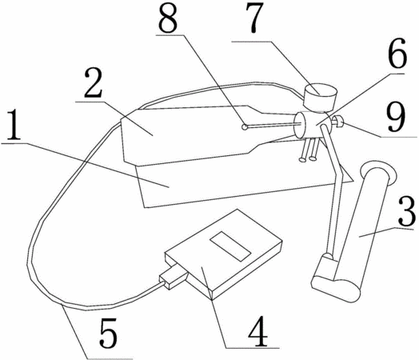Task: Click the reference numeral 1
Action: [x=14, y=126]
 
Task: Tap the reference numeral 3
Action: [x=407, y=211]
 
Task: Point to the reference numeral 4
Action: [x=257, y=332]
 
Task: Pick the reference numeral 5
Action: [x=108, y=334]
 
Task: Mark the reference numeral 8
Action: [x=168, y=18]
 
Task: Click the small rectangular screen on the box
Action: [x=230, y=246]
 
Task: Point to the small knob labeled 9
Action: [x=337, y=121]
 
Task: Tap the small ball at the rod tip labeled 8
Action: [x=244, y=127]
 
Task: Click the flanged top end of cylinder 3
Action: [x=378, y=173]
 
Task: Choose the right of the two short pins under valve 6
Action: [x=313, y=150]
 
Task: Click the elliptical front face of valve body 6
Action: [x=300, y=125]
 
